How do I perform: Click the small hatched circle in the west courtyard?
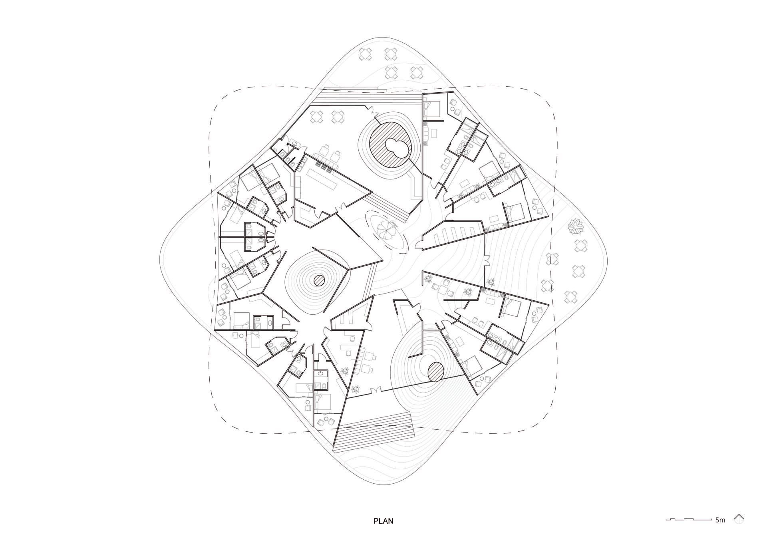tap(319, 280)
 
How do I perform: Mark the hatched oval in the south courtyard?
tap(435, 371)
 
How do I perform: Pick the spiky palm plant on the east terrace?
tap(575, 228)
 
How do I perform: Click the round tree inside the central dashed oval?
tap(387, 231)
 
